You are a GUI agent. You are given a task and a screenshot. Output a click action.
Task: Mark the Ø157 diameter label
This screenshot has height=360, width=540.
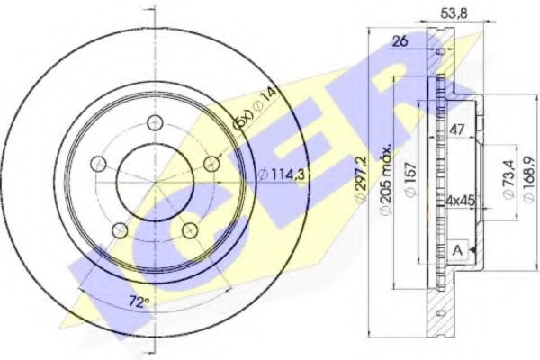click(409, 176)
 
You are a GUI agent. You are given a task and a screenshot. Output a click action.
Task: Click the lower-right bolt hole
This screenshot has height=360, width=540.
click(190, 231)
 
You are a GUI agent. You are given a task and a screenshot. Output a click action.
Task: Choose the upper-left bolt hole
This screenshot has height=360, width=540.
click(98, 164)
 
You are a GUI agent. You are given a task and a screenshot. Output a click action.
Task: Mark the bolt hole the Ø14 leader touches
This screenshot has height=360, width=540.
click(211, 164)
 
